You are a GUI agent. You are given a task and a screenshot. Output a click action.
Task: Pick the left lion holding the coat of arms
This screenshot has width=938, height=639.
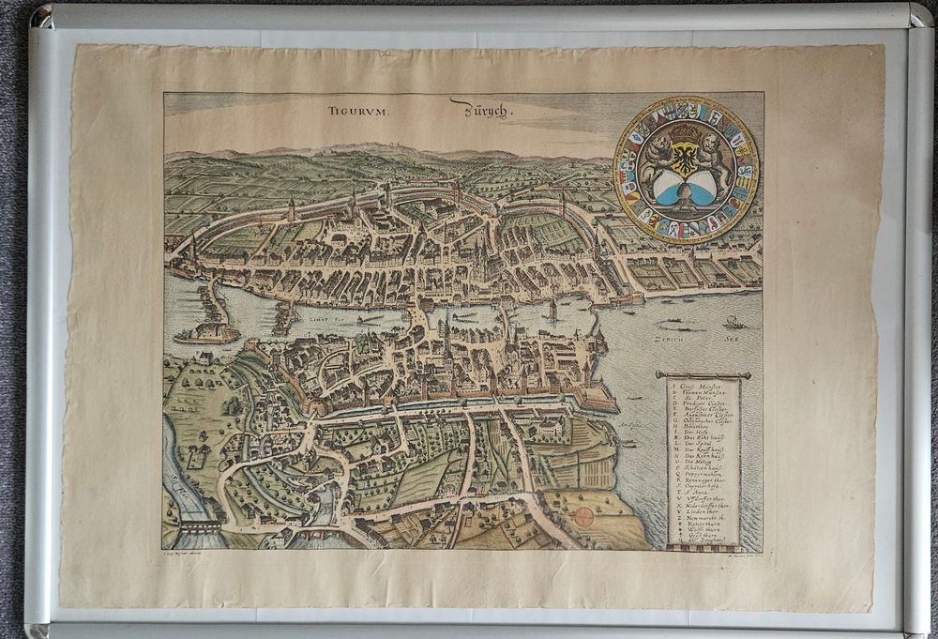tap(655, 160)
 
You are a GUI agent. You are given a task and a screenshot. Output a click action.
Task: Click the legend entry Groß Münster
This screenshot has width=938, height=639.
tap(701, 385)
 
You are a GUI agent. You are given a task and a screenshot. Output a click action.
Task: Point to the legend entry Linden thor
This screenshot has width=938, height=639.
tap(700, 523)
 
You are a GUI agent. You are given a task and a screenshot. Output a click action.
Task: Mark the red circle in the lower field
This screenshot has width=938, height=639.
tap(583, 515)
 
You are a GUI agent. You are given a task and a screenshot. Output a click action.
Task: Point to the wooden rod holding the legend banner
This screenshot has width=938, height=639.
tap(703, 374)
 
